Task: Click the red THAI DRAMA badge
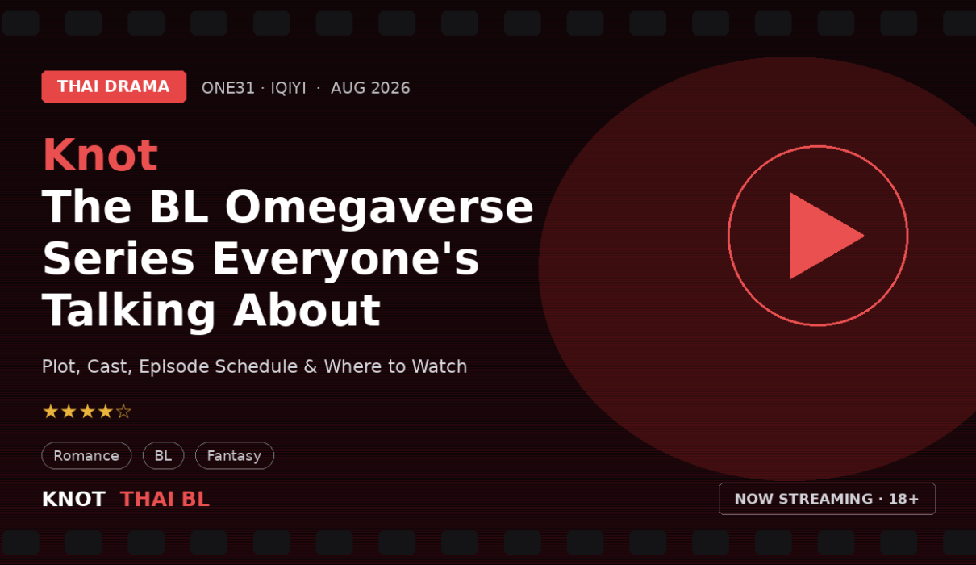pos(114,86)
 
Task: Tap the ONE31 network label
pos(228,88)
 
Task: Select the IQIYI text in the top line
pos(289,88)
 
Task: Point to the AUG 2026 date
pos(370,88)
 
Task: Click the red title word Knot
pos(100,155)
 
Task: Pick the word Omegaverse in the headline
pos(379,208)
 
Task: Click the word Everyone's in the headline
pos(345,260)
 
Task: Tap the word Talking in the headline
pos(128,312)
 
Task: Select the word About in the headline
pos(307,310)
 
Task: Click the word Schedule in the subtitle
pos(257,366)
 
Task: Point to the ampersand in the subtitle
pos(311,366)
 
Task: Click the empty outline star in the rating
pos(123,412)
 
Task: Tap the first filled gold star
pos(51,412)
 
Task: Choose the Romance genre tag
pos(86,455)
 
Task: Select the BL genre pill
pos(164,455)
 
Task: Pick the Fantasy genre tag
pos(235,455)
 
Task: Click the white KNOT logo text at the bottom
pos(73,499)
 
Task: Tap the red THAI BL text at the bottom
pos(165,499)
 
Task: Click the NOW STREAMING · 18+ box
pos(827,499)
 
